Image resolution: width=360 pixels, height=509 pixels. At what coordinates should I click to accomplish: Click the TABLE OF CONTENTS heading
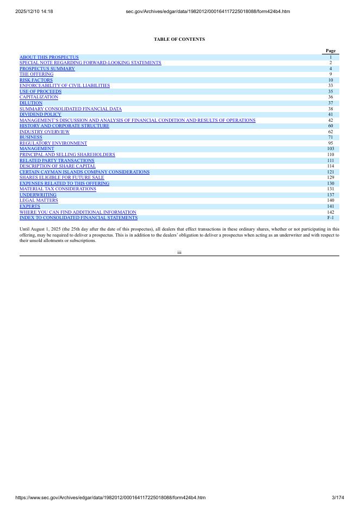click(179, 39)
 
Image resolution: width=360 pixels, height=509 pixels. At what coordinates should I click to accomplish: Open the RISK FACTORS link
click(36, 80)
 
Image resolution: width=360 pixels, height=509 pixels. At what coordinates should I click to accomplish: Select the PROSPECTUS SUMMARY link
click(47, 69)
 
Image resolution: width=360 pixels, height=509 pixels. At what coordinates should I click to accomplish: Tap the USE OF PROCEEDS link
click(40, 91)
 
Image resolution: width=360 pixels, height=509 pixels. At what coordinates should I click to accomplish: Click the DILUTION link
click(31, 103)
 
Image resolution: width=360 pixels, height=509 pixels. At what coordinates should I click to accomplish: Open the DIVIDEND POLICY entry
click(40, 114)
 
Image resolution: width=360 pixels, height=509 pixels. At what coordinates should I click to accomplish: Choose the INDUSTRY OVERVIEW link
click(45, 132)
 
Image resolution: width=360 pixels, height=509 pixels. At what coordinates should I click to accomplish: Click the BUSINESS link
click(30, 137)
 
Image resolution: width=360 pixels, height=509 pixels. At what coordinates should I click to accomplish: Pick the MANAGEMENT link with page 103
click(37, 148)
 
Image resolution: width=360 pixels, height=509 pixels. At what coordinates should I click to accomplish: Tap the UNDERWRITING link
click(38, 194)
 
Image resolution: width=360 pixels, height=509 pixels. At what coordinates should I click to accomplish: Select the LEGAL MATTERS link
click(39, 200)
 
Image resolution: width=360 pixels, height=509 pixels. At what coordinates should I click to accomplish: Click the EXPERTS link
click(30, 206)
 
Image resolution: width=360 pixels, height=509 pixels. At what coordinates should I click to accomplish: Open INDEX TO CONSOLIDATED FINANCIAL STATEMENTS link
click(78, 218)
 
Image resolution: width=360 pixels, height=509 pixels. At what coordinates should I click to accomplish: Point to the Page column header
click(330, 51)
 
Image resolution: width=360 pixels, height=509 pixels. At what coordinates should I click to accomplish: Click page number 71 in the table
click(330, 137)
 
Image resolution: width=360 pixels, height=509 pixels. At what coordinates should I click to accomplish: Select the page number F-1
click(330, 218)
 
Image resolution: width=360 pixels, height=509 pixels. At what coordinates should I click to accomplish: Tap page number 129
click(330, 177)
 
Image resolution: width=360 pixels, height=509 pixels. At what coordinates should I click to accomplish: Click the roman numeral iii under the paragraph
click(179, 252)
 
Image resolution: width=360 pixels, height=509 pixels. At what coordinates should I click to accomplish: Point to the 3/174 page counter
click(338, 498)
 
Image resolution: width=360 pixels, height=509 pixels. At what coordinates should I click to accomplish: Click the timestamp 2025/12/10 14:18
click(34, 11)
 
